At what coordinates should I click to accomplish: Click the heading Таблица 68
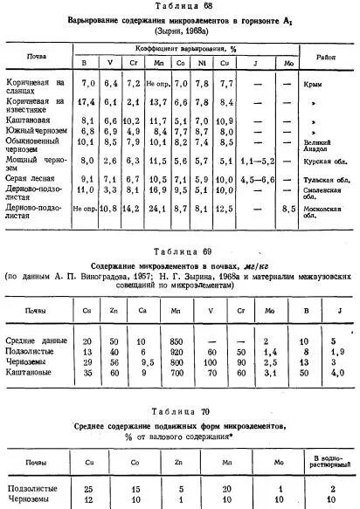coord(179,6)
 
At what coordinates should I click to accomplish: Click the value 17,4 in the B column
coord(87,103)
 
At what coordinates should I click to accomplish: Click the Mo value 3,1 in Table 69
coord(269,372)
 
